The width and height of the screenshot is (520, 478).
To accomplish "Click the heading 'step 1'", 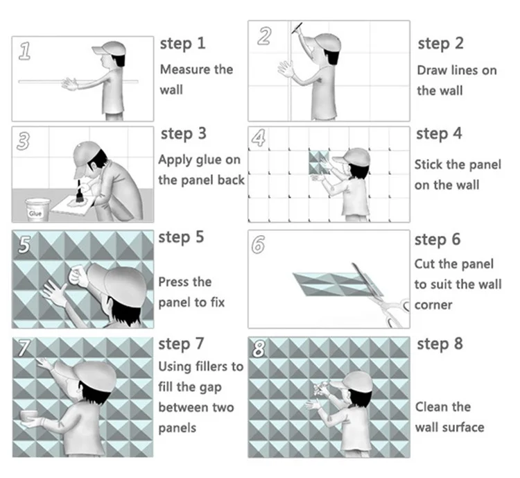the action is point(182,43).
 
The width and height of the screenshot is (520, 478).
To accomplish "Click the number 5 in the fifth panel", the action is point(24,245).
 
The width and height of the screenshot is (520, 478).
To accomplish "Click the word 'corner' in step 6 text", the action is point(433,305).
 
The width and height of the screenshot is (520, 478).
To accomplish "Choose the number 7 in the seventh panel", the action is point(24,349).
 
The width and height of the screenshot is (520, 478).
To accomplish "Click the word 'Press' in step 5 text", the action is point(175,282).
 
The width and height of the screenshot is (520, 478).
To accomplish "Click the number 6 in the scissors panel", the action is point(259,244).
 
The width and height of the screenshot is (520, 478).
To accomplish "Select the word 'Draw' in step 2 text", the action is point(432,70).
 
